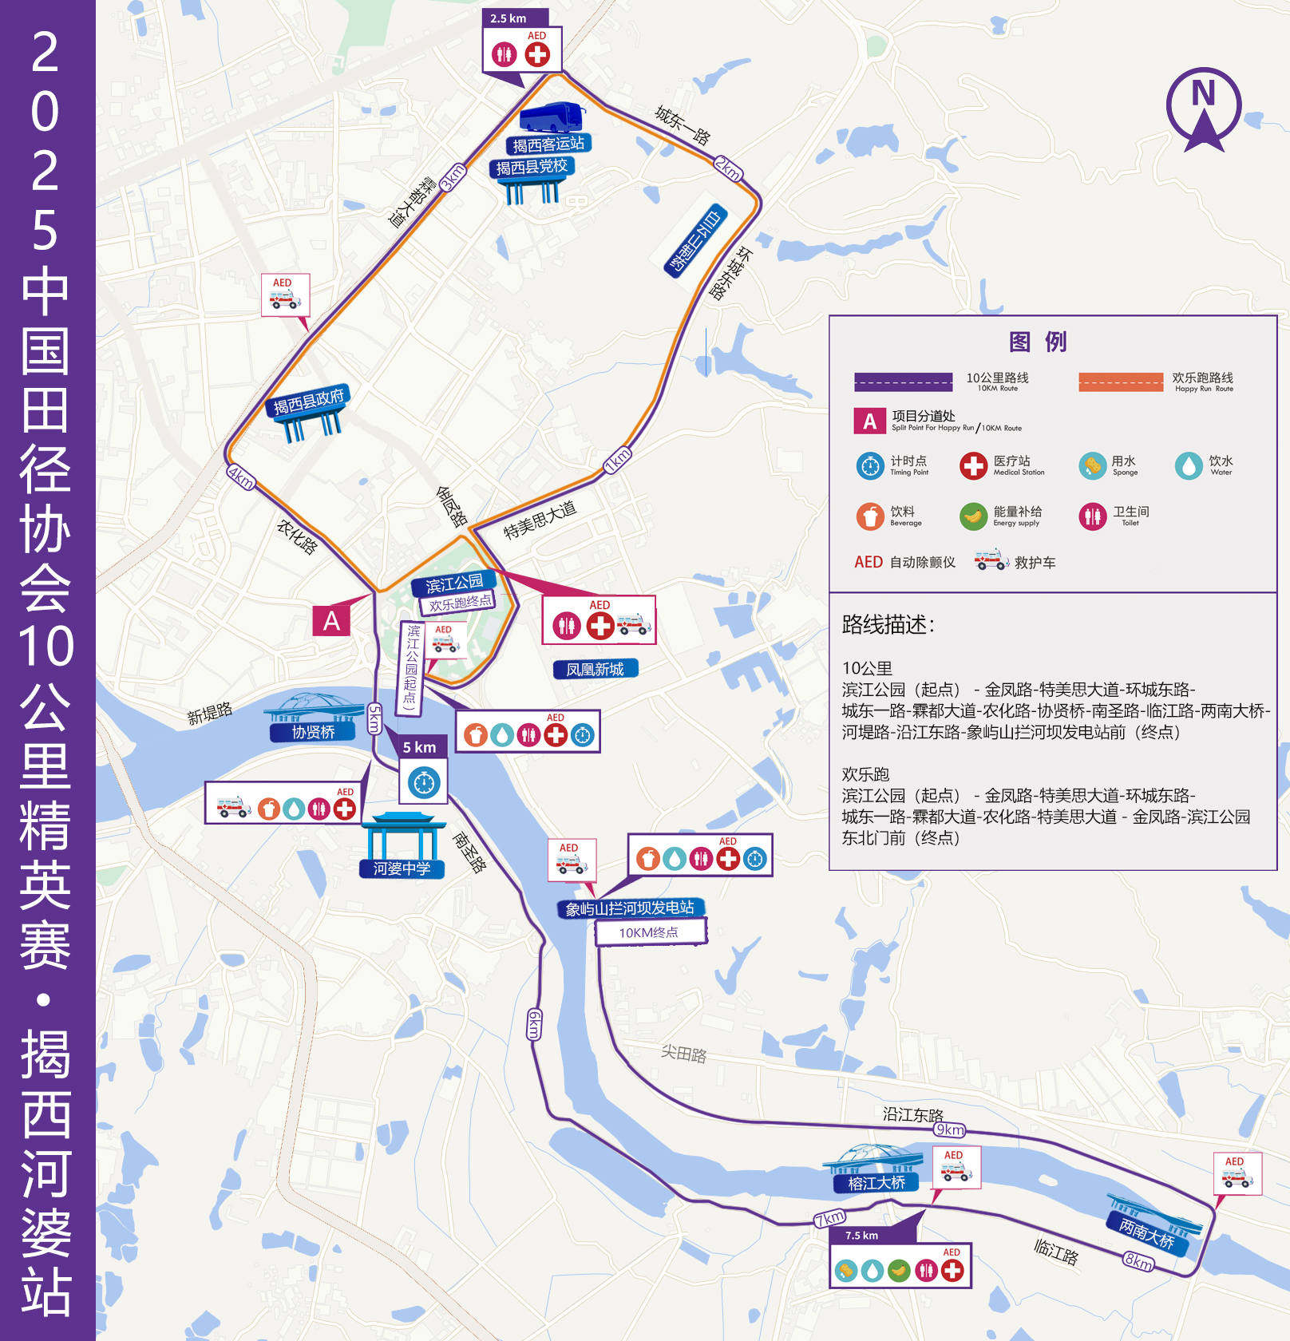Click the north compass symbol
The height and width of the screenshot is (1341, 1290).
coord(1204,109)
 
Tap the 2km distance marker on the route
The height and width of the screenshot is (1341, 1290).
coord(728,168)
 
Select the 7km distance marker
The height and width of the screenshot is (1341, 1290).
coord(829,1218)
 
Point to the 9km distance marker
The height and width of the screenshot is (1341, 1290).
coord(950,1129)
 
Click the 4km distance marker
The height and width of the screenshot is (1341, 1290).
coord(241,477)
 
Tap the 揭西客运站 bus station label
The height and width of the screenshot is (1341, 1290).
coord(548,144)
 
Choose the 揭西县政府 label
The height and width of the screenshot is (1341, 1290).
coord(308,401)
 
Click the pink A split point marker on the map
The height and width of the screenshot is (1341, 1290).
coord(331,621)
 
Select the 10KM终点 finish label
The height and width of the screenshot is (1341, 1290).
coord(650,932)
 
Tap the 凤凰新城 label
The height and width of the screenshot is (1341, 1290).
coord(596,669)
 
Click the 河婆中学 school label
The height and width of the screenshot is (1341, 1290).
coord(402,868)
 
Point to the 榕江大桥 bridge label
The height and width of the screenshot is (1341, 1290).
coord(876,1183)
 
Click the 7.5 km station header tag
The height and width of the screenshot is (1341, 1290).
coord(862,1235)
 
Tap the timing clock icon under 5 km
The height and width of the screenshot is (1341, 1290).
coord(424,783)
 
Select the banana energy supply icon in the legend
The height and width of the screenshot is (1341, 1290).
coord(972,516)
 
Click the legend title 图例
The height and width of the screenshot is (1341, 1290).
coord(1038,342)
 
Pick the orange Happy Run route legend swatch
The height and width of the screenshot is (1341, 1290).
coord(1121,382)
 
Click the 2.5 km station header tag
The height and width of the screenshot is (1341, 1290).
coord(508,18)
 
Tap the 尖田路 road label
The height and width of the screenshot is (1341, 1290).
coord(684,1054)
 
